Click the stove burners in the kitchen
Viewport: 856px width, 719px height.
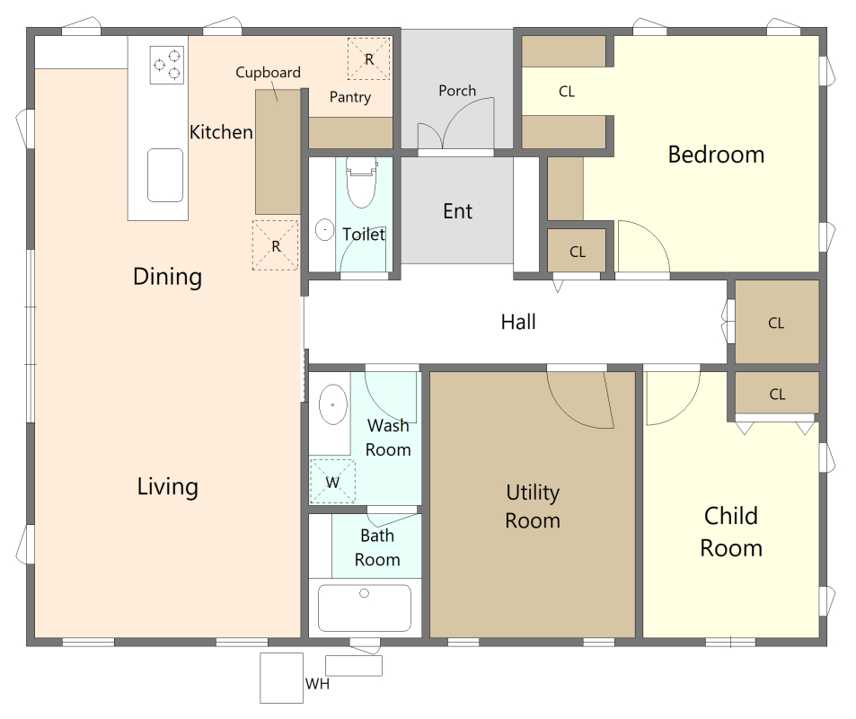click(x=166, y=65)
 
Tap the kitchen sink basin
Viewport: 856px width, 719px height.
click(x=165, y=175)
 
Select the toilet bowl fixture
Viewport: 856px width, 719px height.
click(x=361, y=182)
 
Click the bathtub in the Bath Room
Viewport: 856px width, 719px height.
click(x=365, y=608)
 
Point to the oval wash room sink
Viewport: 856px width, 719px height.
click(x=332, y=404)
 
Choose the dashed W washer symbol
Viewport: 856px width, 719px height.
click(x=332, y=482)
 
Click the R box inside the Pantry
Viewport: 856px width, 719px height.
click(x=369, y=59)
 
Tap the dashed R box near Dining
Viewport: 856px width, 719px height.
click(x=275, y=245)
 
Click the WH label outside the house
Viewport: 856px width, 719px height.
click(x=317, y=684)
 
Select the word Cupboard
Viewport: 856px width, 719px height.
click(x=268, y=72)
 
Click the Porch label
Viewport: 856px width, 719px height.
click(x=457, y=91)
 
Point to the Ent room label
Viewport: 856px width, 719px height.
click(x=457, y=211)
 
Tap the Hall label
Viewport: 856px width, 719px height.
click(x=518, y=322)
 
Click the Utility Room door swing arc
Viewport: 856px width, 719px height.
click(x=573, y=416)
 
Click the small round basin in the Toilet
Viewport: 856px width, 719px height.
click(x=325, y=229)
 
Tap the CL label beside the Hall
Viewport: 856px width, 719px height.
click(x=776, y=323)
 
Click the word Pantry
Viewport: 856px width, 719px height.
click(x=350, y=97)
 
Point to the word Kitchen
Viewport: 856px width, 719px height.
click(x=221, y=132)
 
